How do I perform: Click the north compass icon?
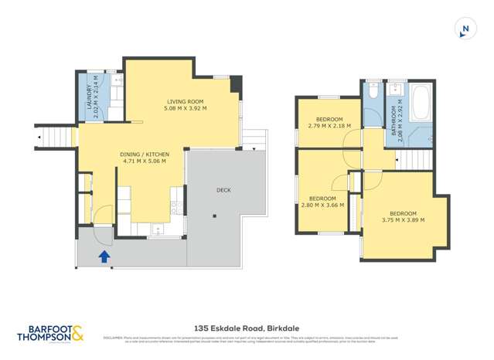coord(465,29)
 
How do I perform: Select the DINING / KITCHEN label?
coord(145,155)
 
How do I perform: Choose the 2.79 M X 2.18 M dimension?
coord(329,126)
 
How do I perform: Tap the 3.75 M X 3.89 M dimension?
coord(403,220)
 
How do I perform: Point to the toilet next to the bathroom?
coord(372,91)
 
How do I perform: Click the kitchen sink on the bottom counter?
coord(157,228)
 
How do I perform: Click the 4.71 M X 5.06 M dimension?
coord(145,162)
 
